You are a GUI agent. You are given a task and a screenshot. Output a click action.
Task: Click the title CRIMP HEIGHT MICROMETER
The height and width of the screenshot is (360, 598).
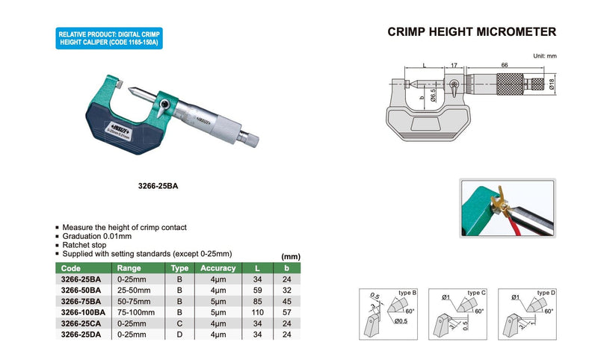[472, 32]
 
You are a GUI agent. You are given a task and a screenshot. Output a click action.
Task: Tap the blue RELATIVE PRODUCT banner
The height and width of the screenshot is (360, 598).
[109, 39]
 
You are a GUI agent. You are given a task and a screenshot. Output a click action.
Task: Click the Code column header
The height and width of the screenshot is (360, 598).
[71, 267]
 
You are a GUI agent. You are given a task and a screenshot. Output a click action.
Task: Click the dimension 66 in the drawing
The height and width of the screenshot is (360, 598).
[506, 66]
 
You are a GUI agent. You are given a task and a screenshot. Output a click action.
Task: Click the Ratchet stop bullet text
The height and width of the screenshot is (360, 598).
[85, 245]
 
